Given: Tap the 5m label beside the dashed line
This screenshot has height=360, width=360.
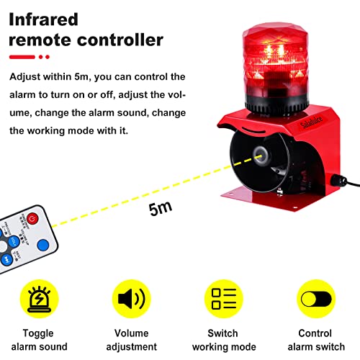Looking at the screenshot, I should pyautogui.click(x=161, y=210).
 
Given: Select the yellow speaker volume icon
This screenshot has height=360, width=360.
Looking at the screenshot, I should pyautogui.click(x=132, y=299).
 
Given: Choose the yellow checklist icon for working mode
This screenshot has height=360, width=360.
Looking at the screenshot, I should pyautogui.click(x=224, y=299).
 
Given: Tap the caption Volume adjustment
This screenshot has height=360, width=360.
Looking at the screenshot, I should pyautogui.click(x=132, y=339).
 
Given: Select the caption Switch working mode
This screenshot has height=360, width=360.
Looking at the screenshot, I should pyautogui.click(x=224, y=339).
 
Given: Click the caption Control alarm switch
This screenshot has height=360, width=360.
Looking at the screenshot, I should pyautogui.click(x=315, y=339).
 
